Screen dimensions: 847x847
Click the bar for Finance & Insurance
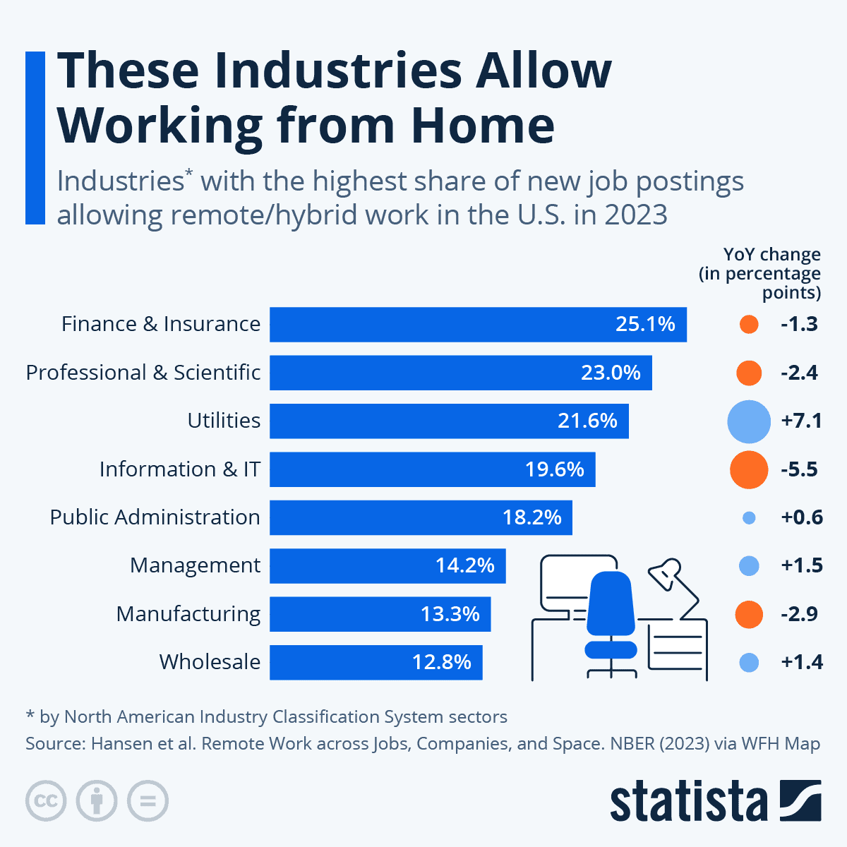click(x=478, y=325)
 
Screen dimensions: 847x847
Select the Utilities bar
click(x=449, y=421)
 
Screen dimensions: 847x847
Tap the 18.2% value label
click(x=532, y=517)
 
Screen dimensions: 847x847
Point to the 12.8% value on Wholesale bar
click(x=442, y=662)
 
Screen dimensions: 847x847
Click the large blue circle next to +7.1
click(x=749, y=421)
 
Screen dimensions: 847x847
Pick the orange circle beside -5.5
click(x=749, y=469)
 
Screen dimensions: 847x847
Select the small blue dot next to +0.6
click(x=750, y=518)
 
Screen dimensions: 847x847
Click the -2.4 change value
click(x=800, y=373)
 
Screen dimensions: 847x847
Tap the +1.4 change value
click(x=802, y=662)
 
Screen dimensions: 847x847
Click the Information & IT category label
click(x=180, y=469)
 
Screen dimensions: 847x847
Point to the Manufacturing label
click(x=188, y=614)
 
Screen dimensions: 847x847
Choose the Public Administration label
click(x=155, y=517)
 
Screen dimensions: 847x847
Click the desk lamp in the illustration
click(x=667, y=575)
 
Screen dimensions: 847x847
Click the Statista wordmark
click(x=688, y=802)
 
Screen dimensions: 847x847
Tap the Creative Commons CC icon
click(x=47, y=801)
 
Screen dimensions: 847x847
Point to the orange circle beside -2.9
click(x=749, y=614)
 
